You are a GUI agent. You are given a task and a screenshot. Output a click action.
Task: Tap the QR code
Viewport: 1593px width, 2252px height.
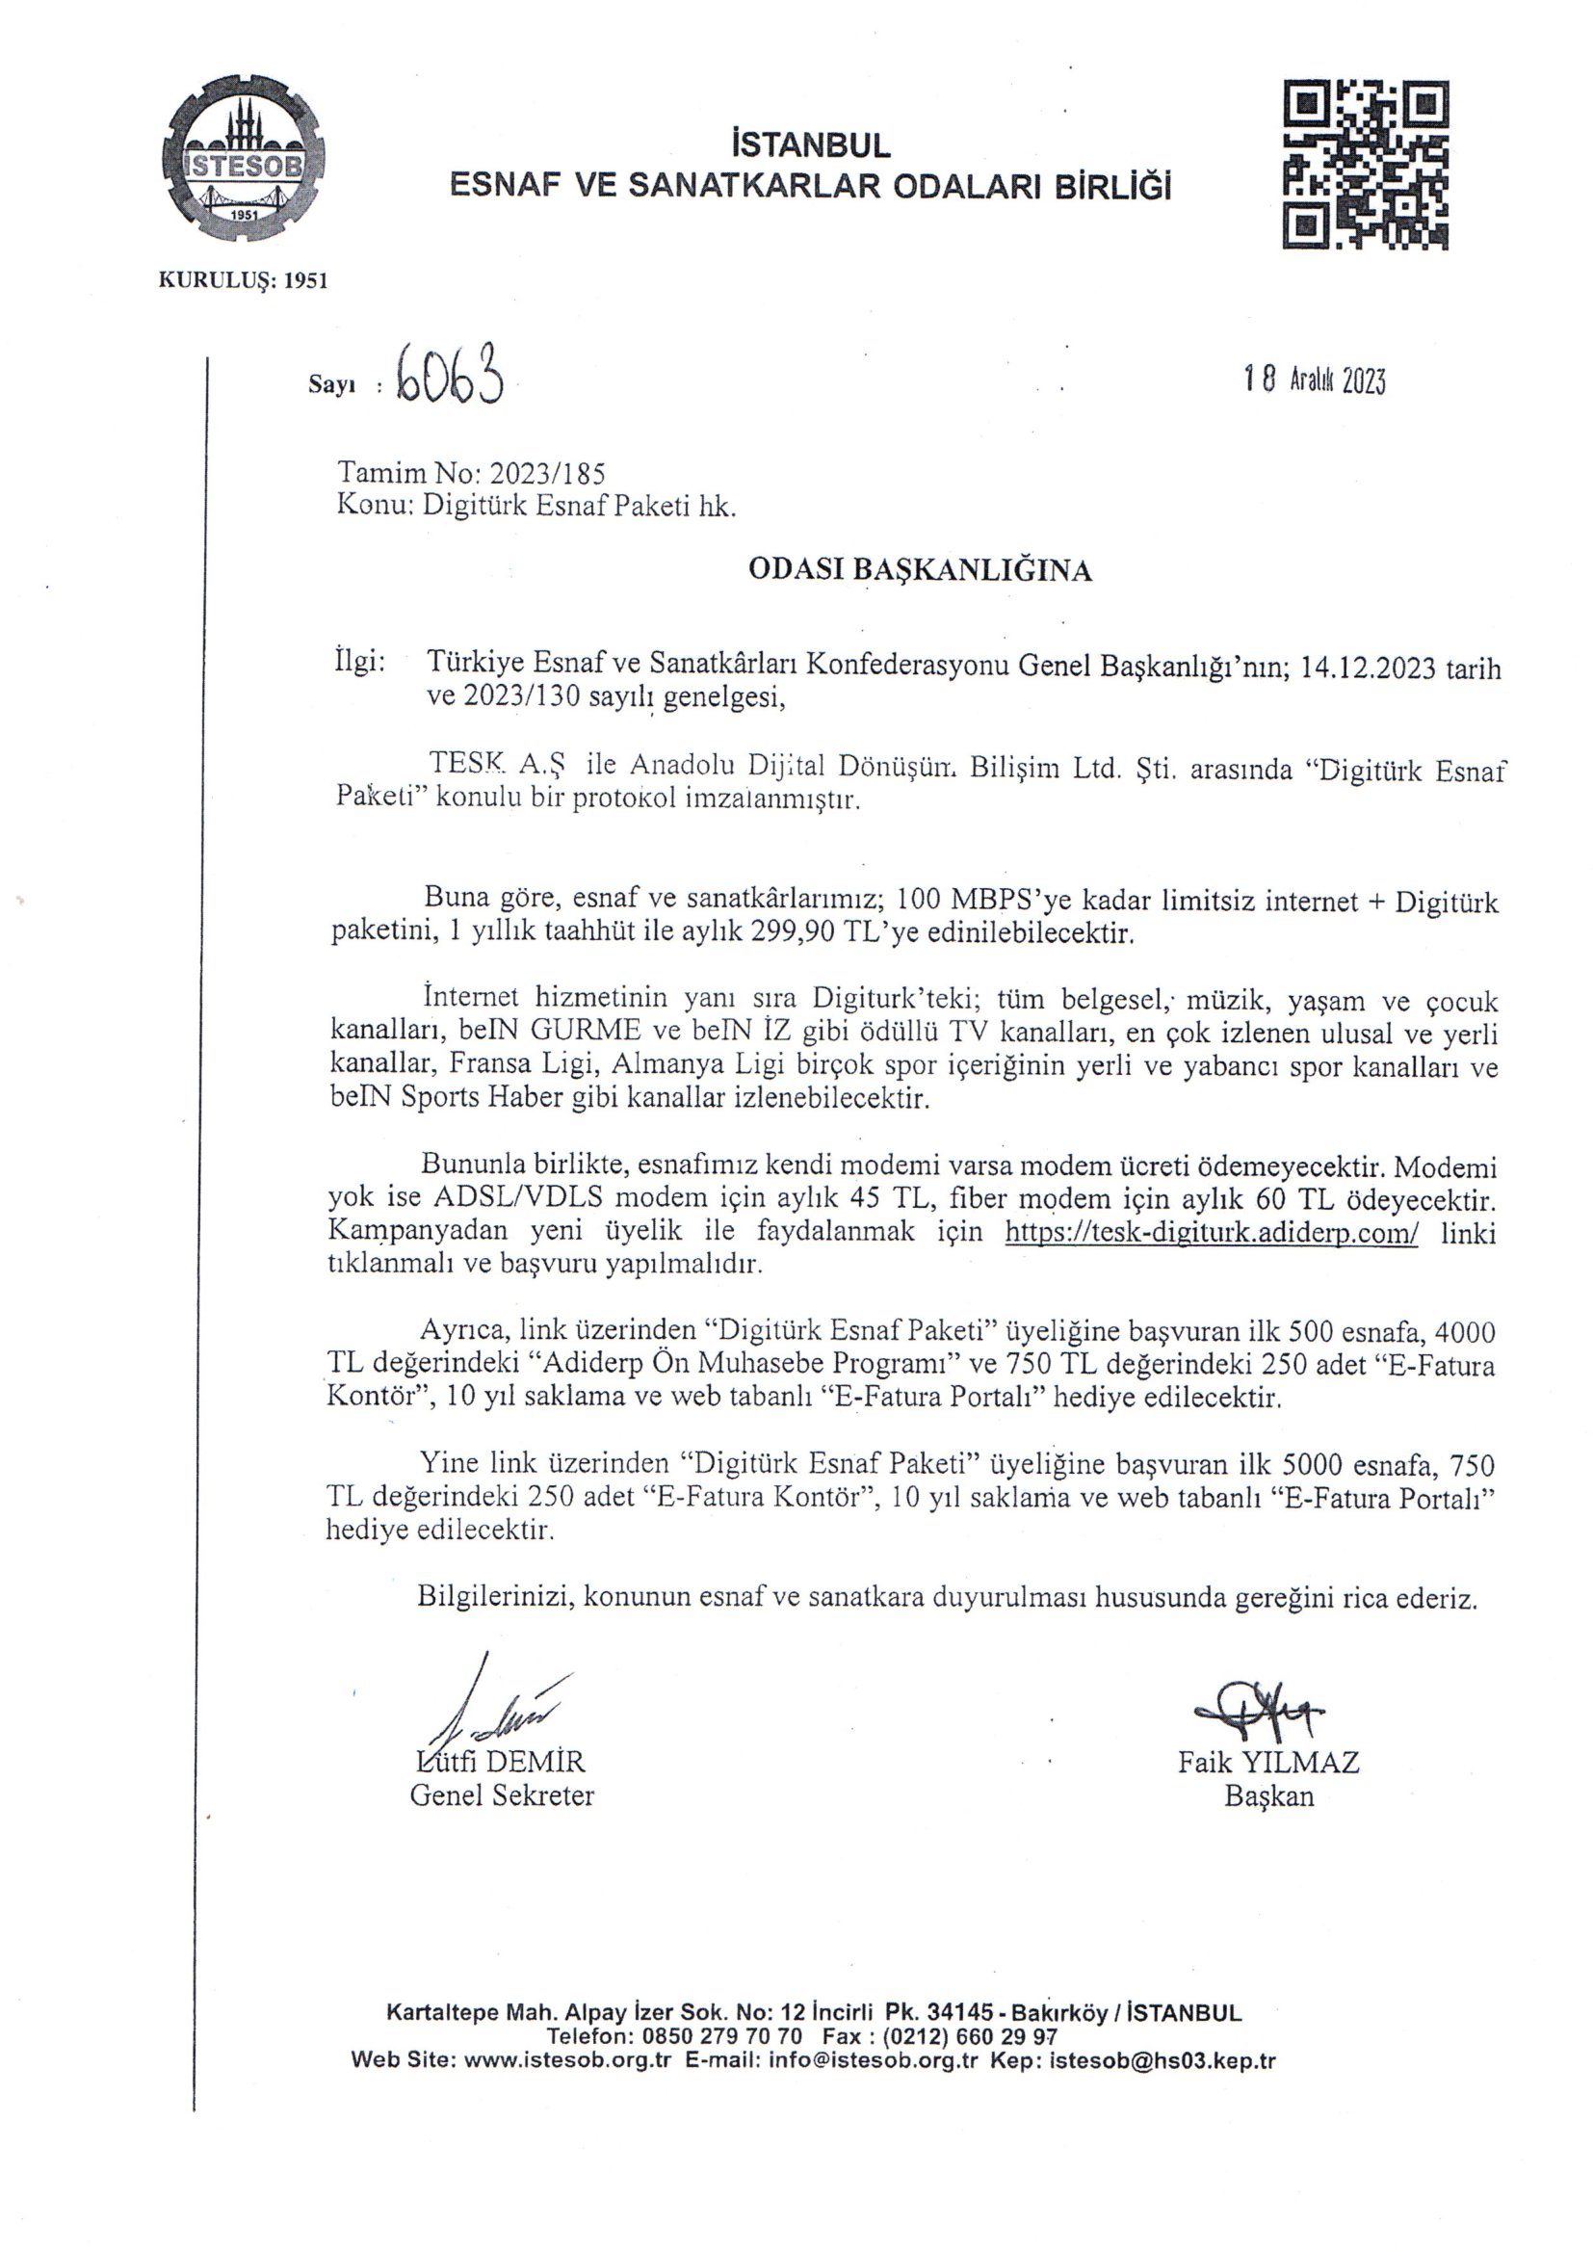click(x=1366, y=165)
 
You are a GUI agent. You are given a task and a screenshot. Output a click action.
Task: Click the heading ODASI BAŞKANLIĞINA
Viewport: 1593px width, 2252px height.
click(x=919, y=571)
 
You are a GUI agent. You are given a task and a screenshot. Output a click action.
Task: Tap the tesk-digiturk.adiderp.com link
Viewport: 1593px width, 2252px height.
click(x=1212, y=1232)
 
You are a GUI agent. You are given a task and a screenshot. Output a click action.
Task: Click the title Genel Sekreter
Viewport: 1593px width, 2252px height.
click(x=501, y=1795)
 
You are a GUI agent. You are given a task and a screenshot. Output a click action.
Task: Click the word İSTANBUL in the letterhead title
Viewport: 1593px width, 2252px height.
click(x=811, y=145)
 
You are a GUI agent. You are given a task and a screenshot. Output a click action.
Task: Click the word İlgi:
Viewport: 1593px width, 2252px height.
click(x=360, y=662)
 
